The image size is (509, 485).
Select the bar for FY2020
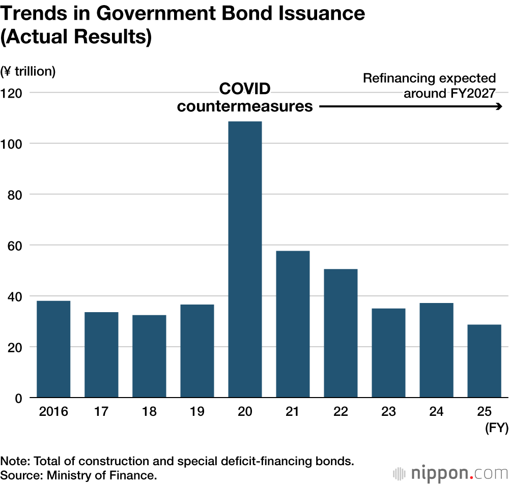pyautogui.click(x=245, y=259)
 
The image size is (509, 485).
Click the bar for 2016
pyautogui.click(x=53, y=349)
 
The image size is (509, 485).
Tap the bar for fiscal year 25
pyautogui.click(x=484, y=361)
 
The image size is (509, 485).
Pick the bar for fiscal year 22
pyautogui.click(x=341, y=333)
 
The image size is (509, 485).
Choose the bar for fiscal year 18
pyautogui.click(x=149, y=356)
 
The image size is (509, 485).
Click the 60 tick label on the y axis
pyautogui.click(x=17, y=245)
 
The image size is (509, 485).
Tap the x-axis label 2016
pyautogui.click(x=53, y=411)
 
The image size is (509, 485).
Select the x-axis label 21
pyautogui.click(x=292, y=411)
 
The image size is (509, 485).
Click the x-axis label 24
pyautogui.click(x=436, y=411)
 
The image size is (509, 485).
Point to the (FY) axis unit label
pyautogui.click(x=496, y=428)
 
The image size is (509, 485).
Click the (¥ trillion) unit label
pyautogui.click(x=28, y=71)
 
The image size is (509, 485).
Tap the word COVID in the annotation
pyautogui.click(x=244, y=89)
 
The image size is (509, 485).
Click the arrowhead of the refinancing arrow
pyautogui.click(x=500, y=106)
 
